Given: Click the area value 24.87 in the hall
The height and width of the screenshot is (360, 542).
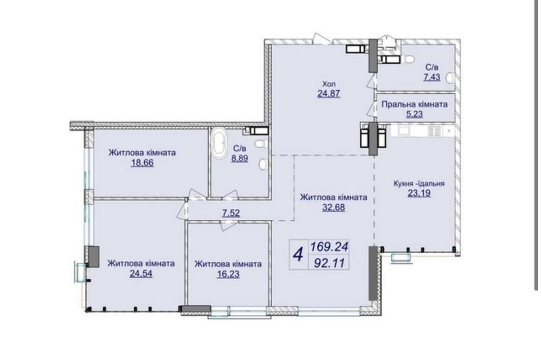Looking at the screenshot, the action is click(329, 93).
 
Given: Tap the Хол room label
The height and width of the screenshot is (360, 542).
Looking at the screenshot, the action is click(329, 83).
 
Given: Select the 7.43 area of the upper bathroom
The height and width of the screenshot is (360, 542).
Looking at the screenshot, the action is click(432, 77).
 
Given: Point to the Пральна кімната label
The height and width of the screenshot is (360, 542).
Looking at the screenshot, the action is click(415, 104).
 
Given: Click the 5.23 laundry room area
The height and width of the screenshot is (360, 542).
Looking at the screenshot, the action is click(415, 114).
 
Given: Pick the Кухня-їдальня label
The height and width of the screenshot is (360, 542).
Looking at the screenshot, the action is click(419, 183).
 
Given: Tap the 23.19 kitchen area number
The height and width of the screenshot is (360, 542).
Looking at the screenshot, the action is click(419, 193).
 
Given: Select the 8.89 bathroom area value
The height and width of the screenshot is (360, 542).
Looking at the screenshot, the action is click(240, 159).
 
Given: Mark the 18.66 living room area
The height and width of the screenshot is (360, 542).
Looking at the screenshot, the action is click(142, 163).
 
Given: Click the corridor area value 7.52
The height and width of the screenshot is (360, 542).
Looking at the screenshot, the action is click(231, 213).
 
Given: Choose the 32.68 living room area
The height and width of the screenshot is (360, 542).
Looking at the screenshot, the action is click(333, 208).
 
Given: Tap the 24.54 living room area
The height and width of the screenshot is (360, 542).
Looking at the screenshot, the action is click(141, 274).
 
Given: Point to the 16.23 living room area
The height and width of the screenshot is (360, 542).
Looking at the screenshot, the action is click(228, 274).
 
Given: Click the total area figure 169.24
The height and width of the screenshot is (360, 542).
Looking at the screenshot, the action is click(330, 247).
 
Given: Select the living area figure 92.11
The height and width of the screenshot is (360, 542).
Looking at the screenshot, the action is click(330, 263).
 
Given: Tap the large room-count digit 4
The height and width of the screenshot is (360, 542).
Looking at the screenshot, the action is click(298, 255).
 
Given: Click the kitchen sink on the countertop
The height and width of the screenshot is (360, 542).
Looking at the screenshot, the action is click(403, 131).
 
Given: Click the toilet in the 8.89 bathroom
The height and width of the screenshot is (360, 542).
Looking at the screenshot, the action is click(260, 143).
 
